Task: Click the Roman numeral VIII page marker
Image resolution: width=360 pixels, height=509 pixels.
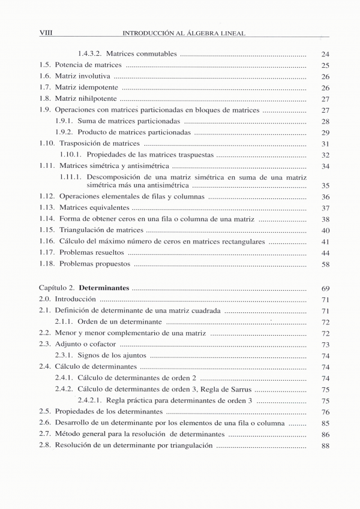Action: [x=46, y=33]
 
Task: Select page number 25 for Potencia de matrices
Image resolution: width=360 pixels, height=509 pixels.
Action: [x=326, y=65]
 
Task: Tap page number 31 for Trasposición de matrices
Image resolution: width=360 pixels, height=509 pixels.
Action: [x=326, y=144]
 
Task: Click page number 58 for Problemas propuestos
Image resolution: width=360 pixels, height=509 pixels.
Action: [x=326, y=264]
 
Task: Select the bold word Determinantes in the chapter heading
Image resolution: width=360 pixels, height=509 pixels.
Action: [x=104, y=288]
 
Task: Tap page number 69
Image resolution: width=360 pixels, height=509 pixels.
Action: [x=326, y=288]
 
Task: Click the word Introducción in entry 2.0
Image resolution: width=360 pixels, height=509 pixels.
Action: [x=75, y=299]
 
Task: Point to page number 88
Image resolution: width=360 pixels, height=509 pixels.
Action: [x=326, y=445]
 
